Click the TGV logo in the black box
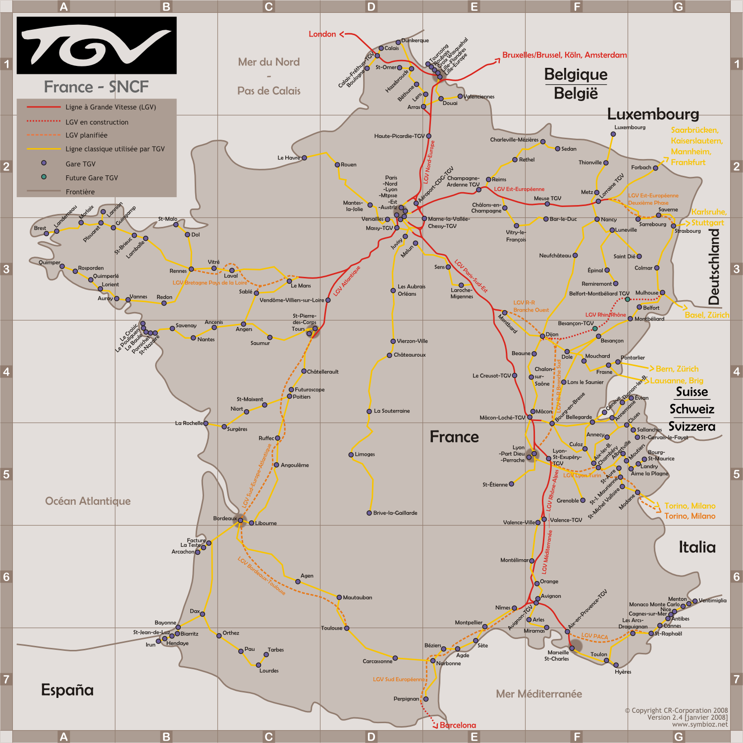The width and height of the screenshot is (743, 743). click(97, 46)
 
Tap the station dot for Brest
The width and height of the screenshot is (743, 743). click(46, 234)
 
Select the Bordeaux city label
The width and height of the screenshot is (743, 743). click(225, 519)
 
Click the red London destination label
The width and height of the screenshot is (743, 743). click(322, 34)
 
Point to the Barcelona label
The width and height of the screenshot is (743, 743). click(458, 725)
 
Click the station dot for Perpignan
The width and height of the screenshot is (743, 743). click(425, 699)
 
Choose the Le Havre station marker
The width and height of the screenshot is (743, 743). click(304, 158)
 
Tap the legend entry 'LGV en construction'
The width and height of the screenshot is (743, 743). click(97, 122)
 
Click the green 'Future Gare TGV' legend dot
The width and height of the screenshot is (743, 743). click(44, 177)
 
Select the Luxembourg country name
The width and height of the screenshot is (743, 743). click(653, 114)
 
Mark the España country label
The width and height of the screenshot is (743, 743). click(67, 690)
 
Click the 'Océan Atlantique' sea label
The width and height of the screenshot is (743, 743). click(88, 501)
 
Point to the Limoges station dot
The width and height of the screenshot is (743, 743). click(351, 454)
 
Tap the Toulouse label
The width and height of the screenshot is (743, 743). click(331, 628)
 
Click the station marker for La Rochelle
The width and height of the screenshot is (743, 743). click(206, 424)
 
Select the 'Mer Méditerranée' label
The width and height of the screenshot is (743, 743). click(539, 694)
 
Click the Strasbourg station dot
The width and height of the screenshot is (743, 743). click(673, 226)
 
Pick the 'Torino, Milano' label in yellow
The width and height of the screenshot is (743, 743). click(690, 506)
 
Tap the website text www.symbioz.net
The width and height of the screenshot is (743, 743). click(700, 724)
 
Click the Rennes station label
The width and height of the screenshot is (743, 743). click(178, 271)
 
